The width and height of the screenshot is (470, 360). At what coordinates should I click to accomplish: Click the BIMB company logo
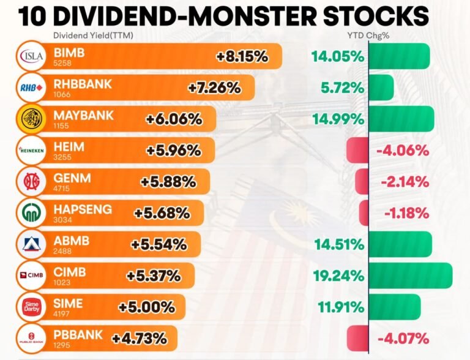pyautogui.click(x=32, y=56)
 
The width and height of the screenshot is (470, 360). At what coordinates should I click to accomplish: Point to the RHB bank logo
pyautogui.click(x=32, y=88)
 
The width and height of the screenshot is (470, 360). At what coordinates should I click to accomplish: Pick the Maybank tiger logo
pyautogui.click(x=32, y=118)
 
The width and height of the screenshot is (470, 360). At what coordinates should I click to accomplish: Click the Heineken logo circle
pyautogui.click(x=32, y=150)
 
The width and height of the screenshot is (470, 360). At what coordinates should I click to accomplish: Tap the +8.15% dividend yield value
pyautogui.click(x=242, y=57)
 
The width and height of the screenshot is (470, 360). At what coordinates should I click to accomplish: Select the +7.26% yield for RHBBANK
pyautogui.click(x=214, y=88)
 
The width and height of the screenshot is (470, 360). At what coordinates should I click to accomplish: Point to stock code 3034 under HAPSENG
pyautogui.click(x=62, y=220)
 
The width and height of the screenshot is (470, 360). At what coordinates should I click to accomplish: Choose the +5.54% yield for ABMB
pyautogui.click(x=159, y=244)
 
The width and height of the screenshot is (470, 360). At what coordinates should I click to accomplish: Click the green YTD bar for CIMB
pyautogui.click(x=411, y=276)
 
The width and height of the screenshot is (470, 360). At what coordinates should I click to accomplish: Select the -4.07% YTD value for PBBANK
pyautogui.click(x=403, y=339)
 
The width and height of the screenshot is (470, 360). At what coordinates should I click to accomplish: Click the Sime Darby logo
pyautogui.click(x=32, y=306)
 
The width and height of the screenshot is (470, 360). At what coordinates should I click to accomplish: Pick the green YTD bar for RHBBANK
pyautogui.click(x=381, y=88)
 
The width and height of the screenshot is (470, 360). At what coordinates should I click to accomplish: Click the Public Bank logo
pyautogui.click(x=32, y=338)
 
